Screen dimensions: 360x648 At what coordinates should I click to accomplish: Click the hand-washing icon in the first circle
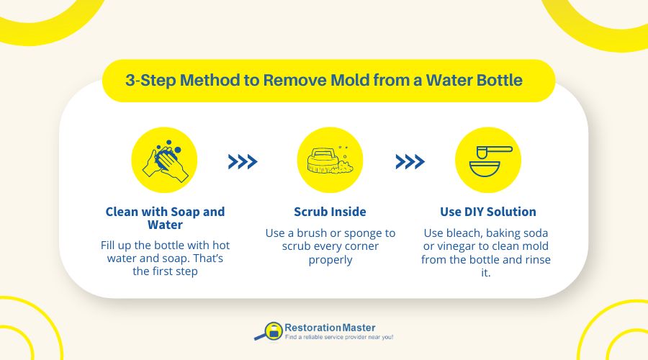coord(164,161)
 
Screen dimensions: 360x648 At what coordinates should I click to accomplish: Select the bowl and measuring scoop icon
coord(488,161)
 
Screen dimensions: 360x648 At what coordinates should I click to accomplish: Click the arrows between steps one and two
coord(243,162)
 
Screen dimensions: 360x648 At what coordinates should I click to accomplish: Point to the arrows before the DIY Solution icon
coord(410,162)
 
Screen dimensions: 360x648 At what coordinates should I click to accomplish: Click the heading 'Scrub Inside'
coord(330,212)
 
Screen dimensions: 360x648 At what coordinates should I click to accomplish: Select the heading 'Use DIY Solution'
coord(488,212)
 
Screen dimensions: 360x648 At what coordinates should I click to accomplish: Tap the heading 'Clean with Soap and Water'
coord(165,219)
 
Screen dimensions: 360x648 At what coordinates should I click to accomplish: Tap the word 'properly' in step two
coord(330,259)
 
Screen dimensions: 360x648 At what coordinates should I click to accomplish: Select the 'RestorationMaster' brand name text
coord(330,328)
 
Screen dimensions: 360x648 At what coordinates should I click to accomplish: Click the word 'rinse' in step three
coord(534,260)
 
